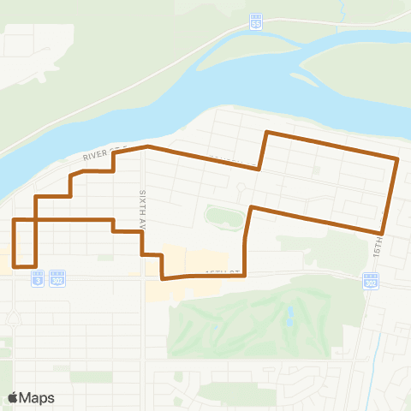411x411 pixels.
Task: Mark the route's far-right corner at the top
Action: pos(398,158)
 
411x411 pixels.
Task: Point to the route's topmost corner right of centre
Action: pos(267,133)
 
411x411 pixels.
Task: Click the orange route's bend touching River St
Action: pos(147,146)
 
